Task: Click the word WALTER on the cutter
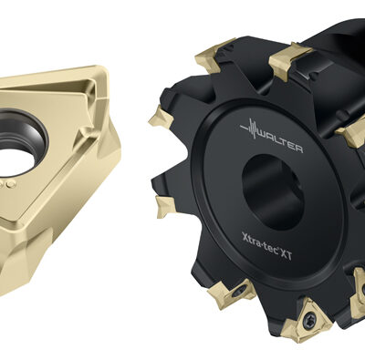pyautogui.click(x=280, y=144)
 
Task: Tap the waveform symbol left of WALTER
pyautogui.click(x=250, y=129)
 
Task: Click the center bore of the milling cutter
pyautogui.click(x=272, y=191)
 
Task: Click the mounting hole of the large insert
pyautogui.click(x=19, y=142)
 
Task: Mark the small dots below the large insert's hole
pyautogui.click(x=7, y=184)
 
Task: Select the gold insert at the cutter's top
pyautogui.click(x=289, y=61)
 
